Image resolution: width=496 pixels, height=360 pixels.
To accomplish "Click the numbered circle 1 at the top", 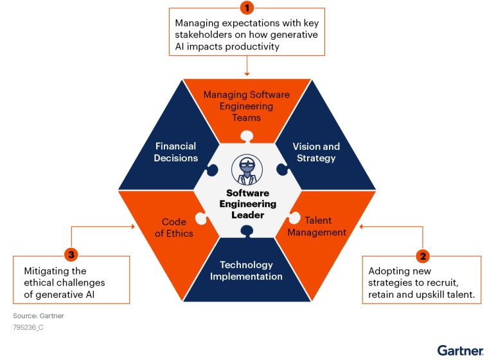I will tap(247, 8).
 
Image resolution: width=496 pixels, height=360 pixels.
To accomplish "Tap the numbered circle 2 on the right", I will tap(423, 255).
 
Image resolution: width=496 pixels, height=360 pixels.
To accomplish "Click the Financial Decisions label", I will tap(175, 152).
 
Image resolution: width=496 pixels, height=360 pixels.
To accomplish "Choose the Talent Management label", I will tap(317, 226).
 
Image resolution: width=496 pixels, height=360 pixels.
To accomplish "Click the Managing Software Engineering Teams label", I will tap(247, 106).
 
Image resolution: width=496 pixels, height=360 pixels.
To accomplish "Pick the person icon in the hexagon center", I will tap(247, 170).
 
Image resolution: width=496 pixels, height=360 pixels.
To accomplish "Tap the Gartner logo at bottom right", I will tap(460, 350).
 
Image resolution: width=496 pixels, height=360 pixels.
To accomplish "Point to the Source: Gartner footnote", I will tap(39, 316).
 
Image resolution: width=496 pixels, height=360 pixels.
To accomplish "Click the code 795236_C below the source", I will tap(28, 327).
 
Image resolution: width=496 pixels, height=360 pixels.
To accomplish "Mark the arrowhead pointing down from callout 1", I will tap(247, 73).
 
